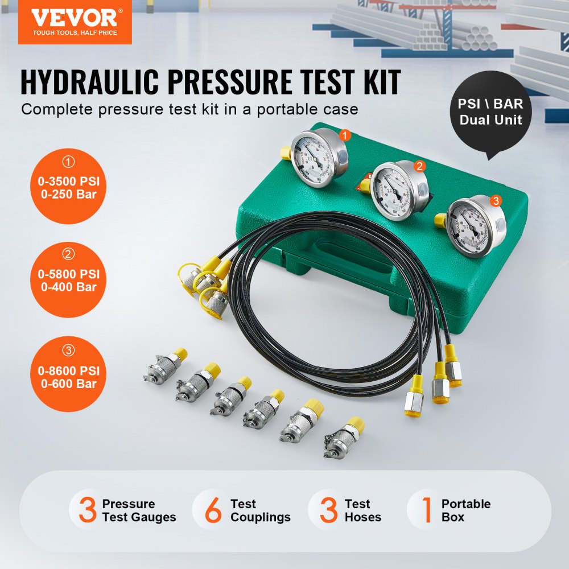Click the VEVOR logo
tap(75, 22)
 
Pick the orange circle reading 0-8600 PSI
tap(69, 375)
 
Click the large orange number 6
tap(213, 510)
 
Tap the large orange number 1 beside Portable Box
tap(427, 510)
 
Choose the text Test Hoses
tap(362, 510)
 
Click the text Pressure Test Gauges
tap(139, 510)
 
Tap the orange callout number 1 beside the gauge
tap(343, 136)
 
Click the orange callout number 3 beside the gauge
tap(496, 200)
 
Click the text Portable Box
tap(465, 510)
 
